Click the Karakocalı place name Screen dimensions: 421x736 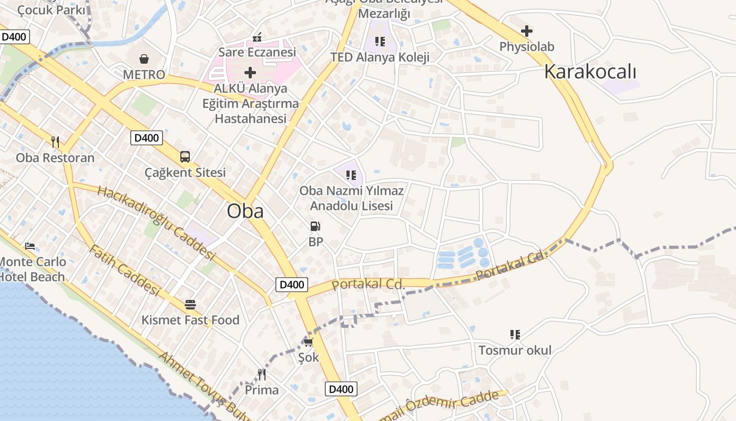pos(590,71)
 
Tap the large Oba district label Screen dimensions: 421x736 pos(245,211)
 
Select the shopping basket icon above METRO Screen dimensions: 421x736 pos(144,58)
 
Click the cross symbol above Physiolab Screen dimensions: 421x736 pos(526,31)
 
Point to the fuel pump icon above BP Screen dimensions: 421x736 pos(315,226)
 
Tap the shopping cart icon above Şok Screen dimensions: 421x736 pos(308,342)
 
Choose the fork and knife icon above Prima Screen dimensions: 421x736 pos(261,374)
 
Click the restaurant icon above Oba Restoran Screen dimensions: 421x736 pos(55,142)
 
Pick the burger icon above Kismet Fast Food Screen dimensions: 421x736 pos(190,304)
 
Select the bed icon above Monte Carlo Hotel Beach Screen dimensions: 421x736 pos(30,246)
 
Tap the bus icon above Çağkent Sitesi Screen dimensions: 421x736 pos(185,156)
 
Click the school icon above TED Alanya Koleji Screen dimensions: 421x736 pos(380,41)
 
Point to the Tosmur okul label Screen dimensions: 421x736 pos(515,350)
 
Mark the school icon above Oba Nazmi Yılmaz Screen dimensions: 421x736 pos(351,175)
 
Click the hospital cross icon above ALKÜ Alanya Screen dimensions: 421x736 pos(250,72)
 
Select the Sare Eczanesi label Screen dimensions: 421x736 pos(257,52)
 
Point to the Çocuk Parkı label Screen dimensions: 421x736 pos(51,10)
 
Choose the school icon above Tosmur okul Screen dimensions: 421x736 pos(515,334)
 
